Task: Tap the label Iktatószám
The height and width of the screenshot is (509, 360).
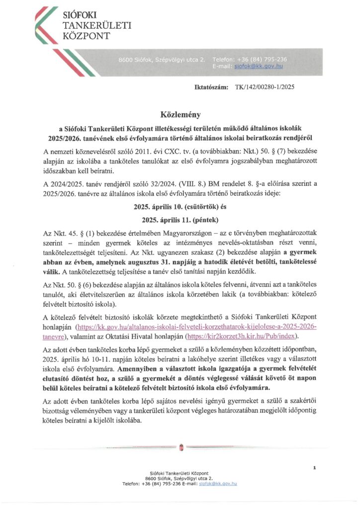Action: [x=212, y=87]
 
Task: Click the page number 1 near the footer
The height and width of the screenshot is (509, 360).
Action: [x=315, y=468]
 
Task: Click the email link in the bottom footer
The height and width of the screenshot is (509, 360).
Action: [x=218, y=483]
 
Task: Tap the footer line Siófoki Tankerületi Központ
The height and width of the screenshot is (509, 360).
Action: [x=180, y=473]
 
